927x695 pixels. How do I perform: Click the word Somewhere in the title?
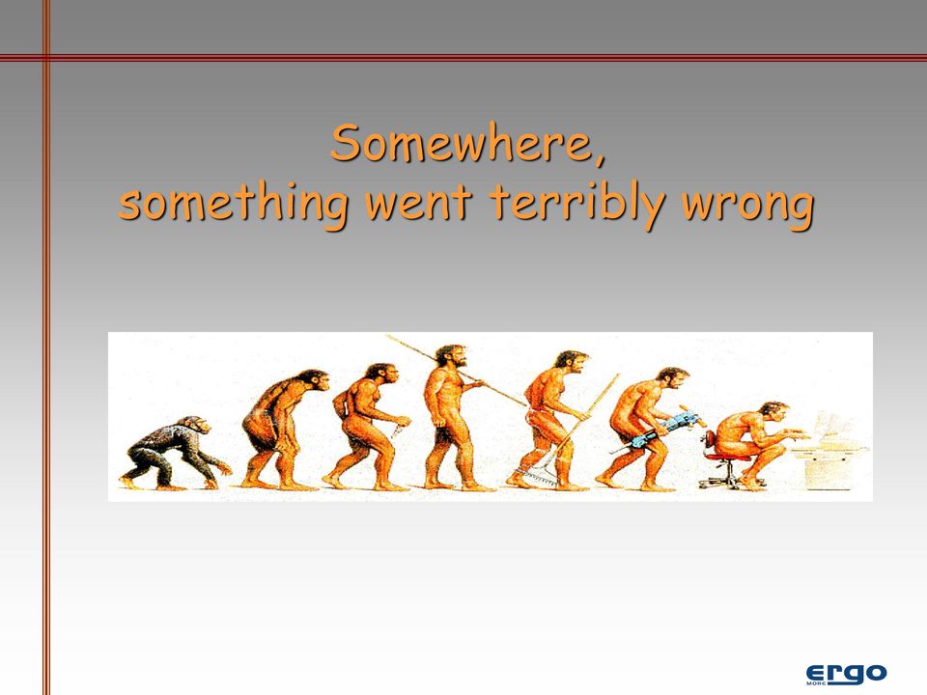click(x=462, y=143)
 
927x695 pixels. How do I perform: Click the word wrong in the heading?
click(x=747, y=207)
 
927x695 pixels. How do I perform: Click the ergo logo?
click(x=846, y=674)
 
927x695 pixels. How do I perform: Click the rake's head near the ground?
click(x=536, y=476)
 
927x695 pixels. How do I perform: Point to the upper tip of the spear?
click(x=387, y=336)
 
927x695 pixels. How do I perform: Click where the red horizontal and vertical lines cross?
click(x=46, y=57)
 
